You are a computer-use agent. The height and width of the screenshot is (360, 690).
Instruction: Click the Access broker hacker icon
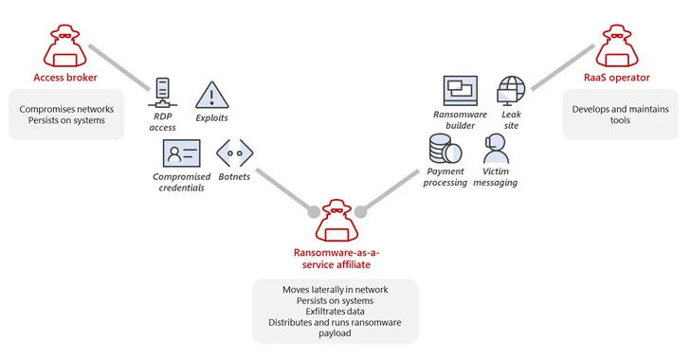click(x=65, y=45)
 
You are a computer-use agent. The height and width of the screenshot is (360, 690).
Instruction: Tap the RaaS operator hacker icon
click(x=617, y=45)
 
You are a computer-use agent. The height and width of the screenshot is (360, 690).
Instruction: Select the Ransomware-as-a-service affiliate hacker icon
click(x=336, y=220)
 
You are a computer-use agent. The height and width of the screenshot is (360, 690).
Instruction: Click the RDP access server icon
click(x=162, y=93)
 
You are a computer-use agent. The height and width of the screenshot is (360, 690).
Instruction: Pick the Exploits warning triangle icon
click(x=211, y=95)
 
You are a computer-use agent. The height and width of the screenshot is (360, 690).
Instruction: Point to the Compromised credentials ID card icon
click(x=181, y=153)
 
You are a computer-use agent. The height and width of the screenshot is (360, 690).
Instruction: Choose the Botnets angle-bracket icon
click(x=234, y=153)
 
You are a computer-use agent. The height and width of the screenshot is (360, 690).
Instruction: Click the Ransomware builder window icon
click(x=461, y=91)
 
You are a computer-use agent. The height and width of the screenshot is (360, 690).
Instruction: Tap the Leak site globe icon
click(x=511, y=91)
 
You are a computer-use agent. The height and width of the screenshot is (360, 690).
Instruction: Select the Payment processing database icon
click(x=445, y=149)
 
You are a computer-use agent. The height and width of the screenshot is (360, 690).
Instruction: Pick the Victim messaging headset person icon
click(x=496, y=149)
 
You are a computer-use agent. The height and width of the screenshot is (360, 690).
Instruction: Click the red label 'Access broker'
click(x=65, y=78)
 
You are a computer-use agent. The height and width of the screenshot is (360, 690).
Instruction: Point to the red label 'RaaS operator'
click(x=617, y=78)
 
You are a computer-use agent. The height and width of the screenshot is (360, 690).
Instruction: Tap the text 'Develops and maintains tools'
click(x=620, y=115)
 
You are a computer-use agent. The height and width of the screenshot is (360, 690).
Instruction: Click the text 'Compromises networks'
click(x=66, y=109)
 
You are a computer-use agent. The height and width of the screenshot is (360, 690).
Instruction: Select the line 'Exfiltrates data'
click(x=335, y=311)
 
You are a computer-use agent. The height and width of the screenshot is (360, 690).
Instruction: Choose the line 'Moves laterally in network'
click(x=336, y=290)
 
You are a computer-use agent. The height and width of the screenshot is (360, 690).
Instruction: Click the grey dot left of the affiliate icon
click(x=314, y=212)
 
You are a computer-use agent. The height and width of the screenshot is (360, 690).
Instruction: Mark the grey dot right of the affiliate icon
click(x=360, y=212)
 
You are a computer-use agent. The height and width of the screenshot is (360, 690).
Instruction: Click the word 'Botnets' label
click(x=234, y=176)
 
